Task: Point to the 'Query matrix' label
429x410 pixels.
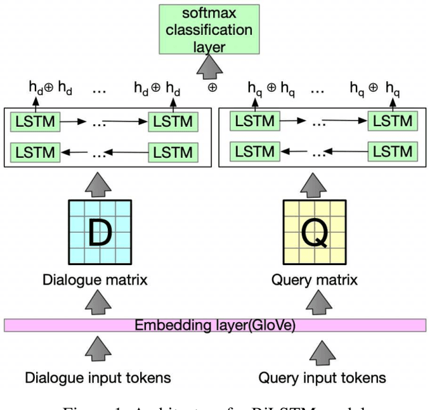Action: pyautogui.click(x=312, y=280)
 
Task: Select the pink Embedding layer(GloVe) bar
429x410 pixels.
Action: pyautogui.click(x=214, y=325)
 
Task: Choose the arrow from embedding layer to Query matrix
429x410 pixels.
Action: pyautogui.click(x=312, y=303)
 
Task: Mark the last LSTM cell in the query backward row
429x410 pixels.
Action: pyautogui.click(x=392, y=151)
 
